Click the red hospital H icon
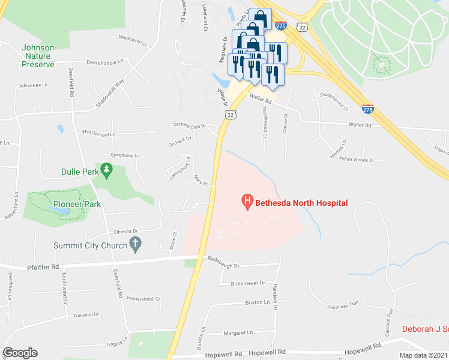click(246, 202)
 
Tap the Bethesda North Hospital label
click(301, 203)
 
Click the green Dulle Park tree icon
click(107, 170)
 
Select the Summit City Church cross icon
click(136, 244)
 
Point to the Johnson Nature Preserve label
click(37, 56)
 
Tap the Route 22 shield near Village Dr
click(230, 113)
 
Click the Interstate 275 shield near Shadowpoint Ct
click(367, 109)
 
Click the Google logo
click(20, 353)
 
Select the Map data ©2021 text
click(423, 355)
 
